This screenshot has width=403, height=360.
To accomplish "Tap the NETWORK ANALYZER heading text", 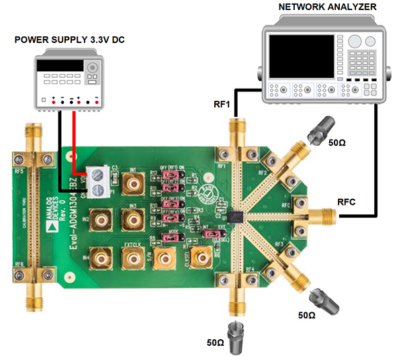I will point(326,7).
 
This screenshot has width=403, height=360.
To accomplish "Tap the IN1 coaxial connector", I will point(132,181).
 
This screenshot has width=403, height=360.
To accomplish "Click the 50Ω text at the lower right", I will point(306,314).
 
